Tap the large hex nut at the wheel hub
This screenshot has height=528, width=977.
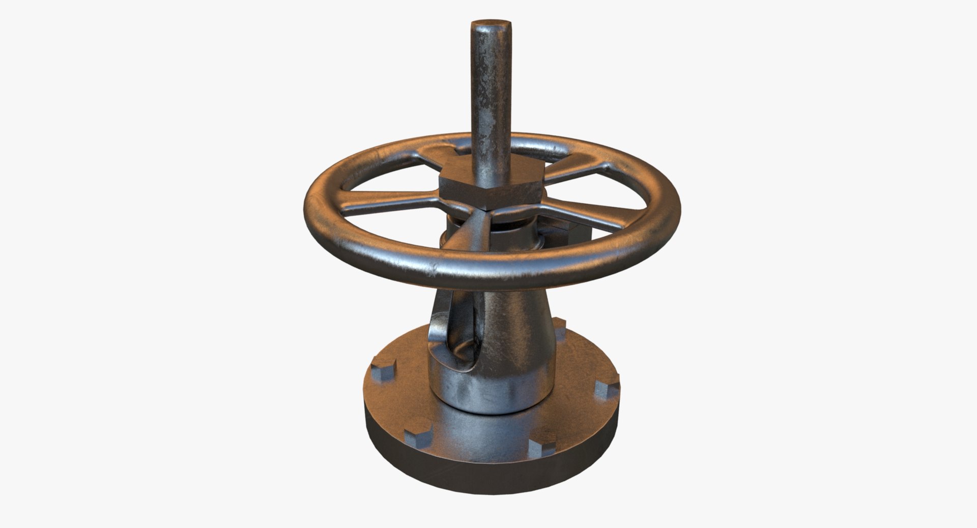click(490, 191)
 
